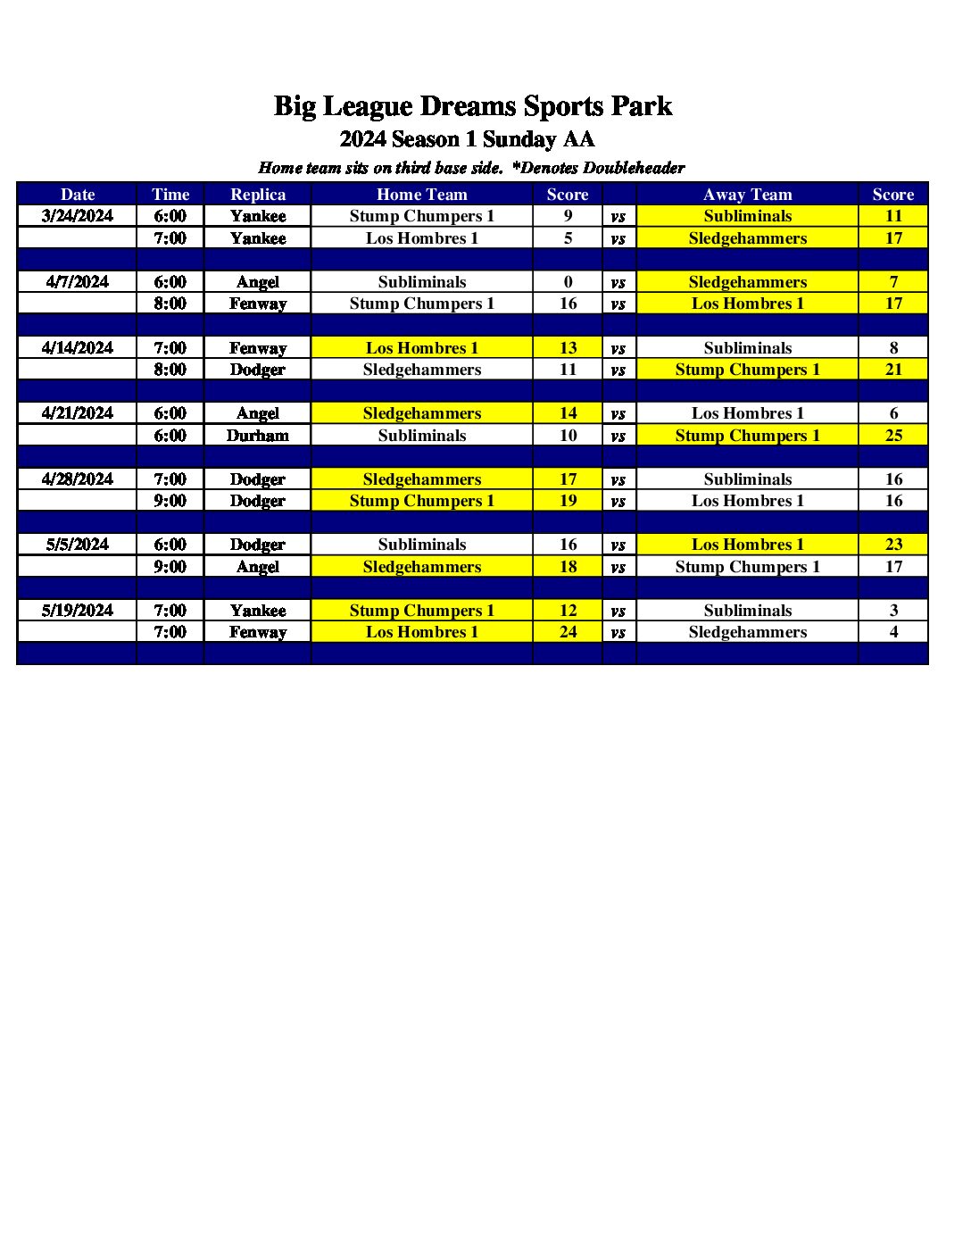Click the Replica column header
click(258, 195)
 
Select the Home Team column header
click(421, 195)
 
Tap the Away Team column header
click(747, 195)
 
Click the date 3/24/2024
click(78, 216)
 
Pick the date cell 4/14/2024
click(78, 348)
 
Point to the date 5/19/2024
click(78, 611)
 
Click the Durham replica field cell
click(258, 436)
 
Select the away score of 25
click(893, 436)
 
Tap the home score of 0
click(568, 282)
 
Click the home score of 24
click(568, 632)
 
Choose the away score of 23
click(893, 545)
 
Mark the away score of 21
click(893, 370)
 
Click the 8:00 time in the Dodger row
click(170, 370)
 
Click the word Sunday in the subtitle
click(519, 139)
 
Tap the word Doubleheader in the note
click(633, 168)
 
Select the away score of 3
click(893, 611)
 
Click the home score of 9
click(568, 216)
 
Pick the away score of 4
click(893, 632)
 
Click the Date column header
click(78, 195)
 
